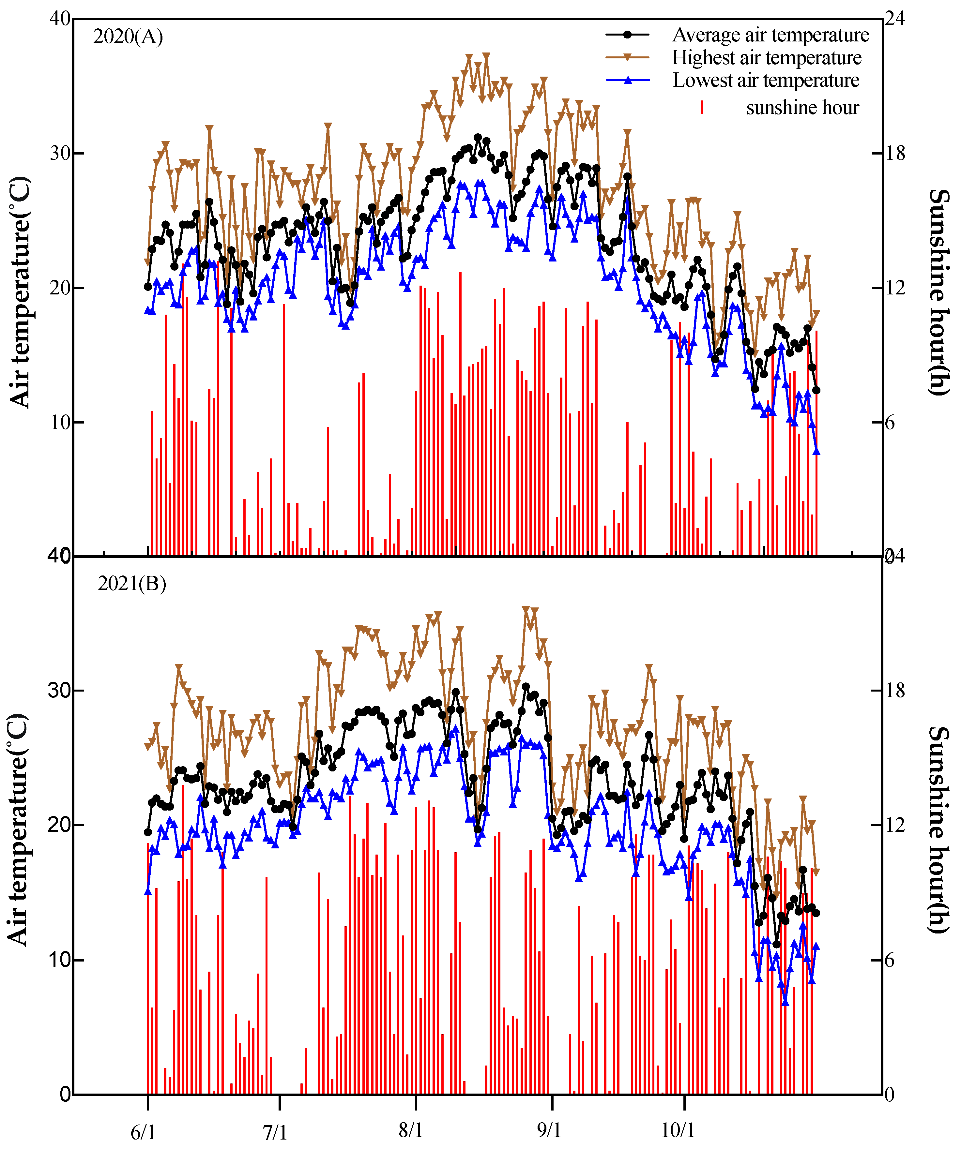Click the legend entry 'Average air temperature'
(x=770, y=35)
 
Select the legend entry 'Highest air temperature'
(x=766, y=57)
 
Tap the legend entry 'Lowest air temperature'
(x=765, y=81)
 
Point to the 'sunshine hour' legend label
(x=802, y=108)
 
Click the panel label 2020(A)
(x=128, y=37)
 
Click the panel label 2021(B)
(x=131, y=584)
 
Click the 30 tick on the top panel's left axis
(x=60, y=153)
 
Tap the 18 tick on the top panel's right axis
(x=895, y=153)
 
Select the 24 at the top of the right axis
(x=895, y=19)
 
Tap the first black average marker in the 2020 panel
(x=148, y=286)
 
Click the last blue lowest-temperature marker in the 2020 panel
(x=816, y=451)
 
